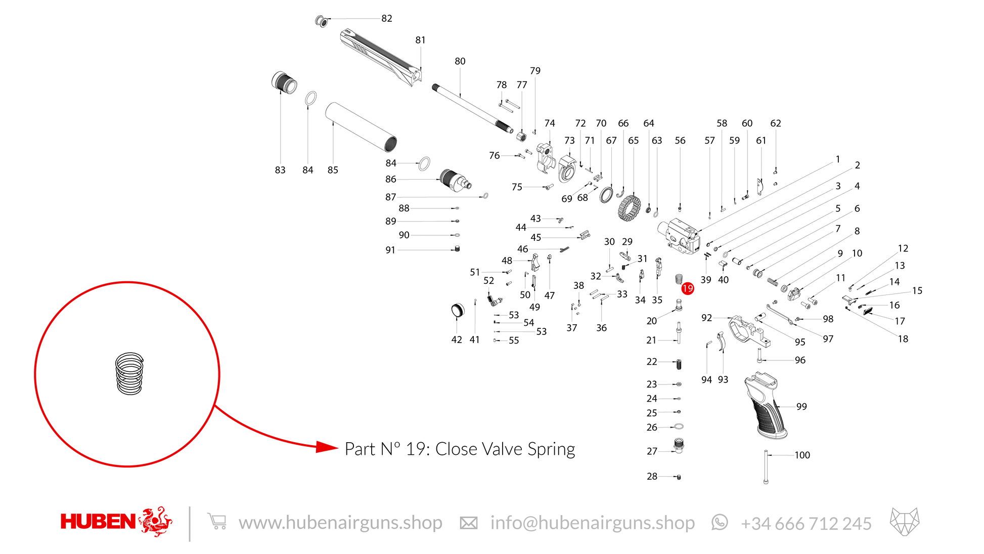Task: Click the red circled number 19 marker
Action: [688, 288]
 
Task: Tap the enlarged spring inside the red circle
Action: [129, 373]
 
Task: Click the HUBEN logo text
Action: [98, 521]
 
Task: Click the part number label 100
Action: [802, 455]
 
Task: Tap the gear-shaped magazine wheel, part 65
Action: [629, 208]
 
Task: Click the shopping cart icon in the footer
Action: [217, 521]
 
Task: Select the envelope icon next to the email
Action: [468, 523]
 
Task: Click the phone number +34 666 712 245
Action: [806, 523]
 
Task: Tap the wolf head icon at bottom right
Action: [905, 522]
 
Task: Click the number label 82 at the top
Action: [387, 18]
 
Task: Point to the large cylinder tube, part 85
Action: [361, 127]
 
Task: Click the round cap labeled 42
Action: [458, 311]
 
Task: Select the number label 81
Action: [421, 40]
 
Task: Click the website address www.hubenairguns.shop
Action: [340, 523]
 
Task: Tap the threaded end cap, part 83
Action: [284, 82]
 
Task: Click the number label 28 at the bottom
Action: [652, 476]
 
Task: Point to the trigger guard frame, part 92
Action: [749, 331]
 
